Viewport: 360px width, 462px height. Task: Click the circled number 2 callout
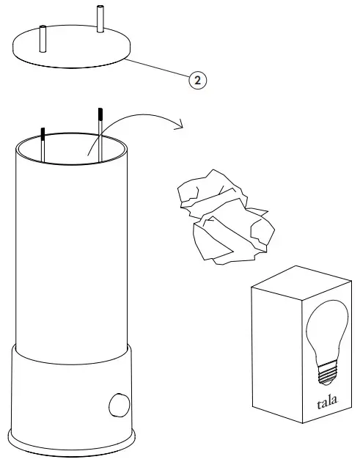(x=196, y=80)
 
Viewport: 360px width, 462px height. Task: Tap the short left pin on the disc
(x=43, y=37)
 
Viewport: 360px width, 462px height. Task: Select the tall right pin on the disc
(x=100, y=19)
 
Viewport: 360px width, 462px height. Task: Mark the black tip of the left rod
(x=43, y=133)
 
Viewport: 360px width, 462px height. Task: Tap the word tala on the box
(x=327, y=403)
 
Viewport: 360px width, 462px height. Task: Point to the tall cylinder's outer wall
(x=73, y=257)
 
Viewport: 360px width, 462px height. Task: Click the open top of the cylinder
(x=73, y=150)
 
